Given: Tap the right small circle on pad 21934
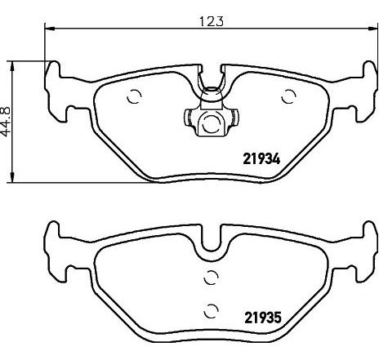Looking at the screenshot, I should click(x=287, y=96).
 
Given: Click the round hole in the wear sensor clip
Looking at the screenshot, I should click(x=210, y=125).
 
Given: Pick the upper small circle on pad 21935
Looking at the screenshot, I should click(x=211, y=276).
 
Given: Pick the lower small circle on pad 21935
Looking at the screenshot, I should click(x=211, y=309).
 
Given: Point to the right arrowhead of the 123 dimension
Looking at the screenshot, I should click(x=373, y=30).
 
